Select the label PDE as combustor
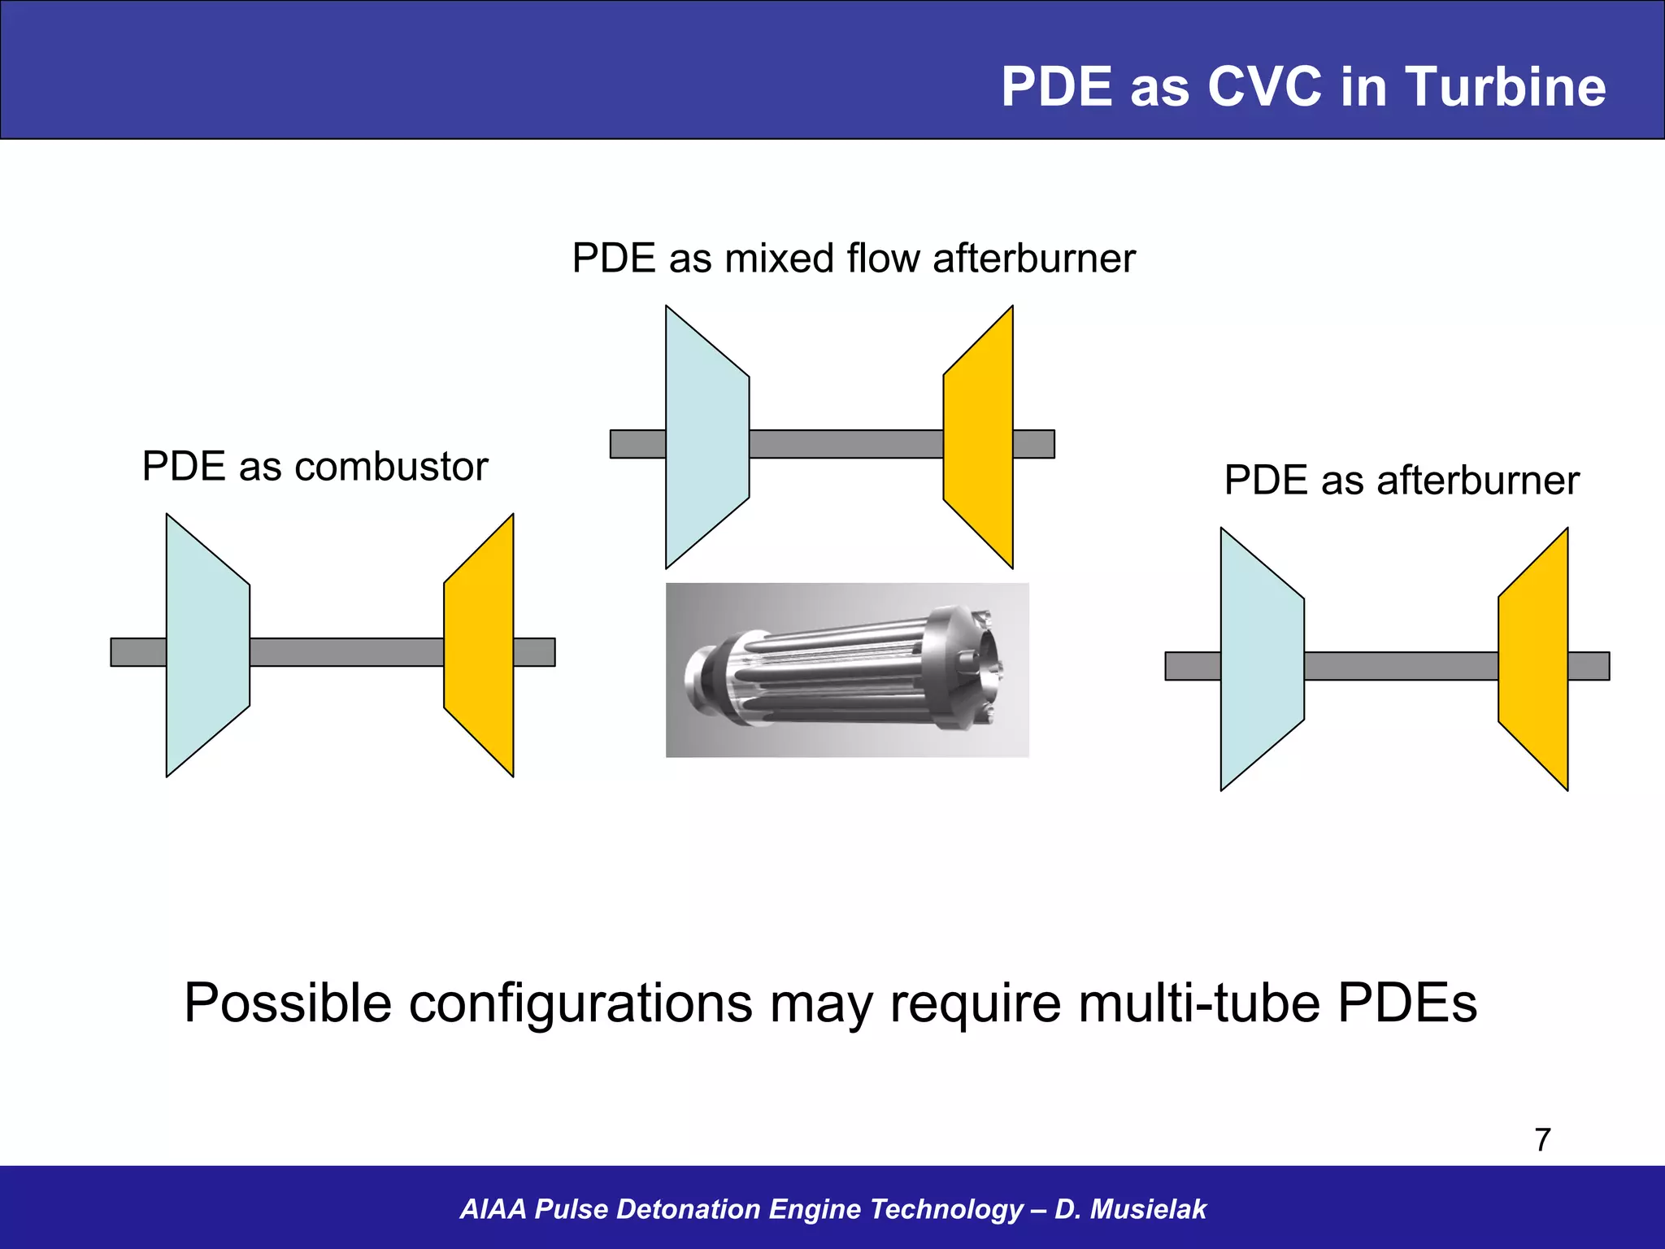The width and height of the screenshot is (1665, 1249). pyautogui.click(x=315, y=467)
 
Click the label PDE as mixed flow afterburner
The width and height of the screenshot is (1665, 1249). pyautogui.click(x=853, y=259)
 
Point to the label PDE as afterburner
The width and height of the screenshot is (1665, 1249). pyautogui.click(x=1401, y=480)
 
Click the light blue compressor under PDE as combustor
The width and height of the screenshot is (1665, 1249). pyautogui.click(x=207, y=646)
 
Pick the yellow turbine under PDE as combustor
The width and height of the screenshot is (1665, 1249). pyautogui.click(x=480, y=646)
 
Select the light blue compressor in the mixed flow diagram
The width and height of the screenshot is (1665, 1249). pyautogui.click(x=706, y=437)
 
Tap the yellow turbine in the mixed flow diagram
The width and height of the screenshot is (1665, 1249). pyautogui.click(x=979, y=437)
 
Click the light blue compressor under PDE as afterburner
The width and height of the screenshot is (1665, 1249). pyautogui.click(x=1262, y=659)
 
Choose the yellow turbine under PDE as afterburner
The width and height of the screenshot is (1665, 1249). pyautogui.click(x=1534, y=659)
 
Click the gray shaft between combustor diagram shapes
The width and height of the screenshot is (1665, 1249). pyautogui.click(x=346, y=652)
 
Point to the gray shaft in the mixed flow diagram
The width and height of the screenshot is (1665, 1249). pyautogui.click(x=846, y=444)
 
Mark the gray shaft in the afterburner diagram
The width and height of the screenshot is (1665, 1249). pyautogui.click(x=1401, y=666)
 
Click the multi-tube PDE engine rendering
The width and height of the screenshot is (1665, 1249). pyautogui.click(x=847, y=670)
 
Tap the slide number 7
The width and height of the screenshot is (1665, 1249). pyautogui.click(x=1542, y=1140)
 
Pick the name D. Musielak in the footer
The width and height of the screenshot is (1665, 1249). pyautogui.click(x=1130, y=1209)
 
